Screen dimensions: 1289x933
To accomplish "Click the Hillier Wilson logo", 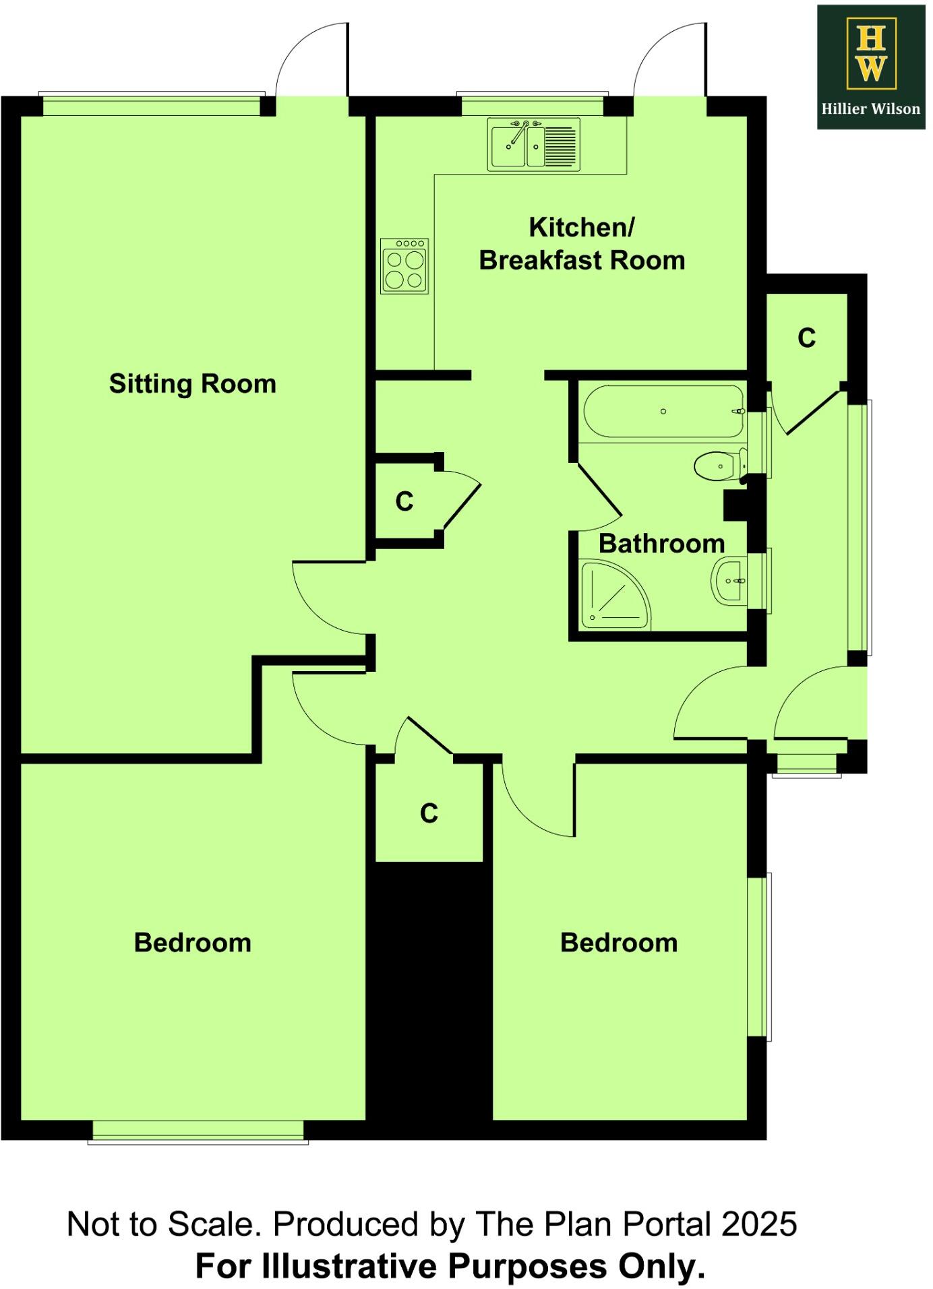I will [x=870, y=67].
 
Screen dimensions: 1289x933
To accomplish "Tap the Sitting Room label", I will [x=192, y=384].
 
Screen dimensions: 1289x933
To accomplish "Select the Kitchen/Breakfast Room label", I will [x=582, y=244].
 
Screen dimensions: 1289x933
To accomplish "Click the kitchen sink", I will [x=534, y=144].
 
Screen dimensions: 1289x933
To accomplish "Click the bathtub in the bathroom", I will [x=663, y=411].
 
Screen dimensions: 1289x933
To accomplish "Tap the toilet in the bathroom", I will [x=718, y=466].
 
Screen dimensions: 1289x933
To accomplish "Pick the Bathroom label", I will [x=661, y=544].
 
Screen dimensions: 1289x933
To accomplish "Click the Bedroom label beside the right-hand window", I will [x=619, y=943].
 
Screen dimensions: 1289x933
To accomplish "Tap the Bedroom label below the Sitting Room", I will [x=192, y=943].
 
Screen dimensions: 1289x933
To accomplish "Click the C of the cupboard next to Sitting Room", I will [x=404, y=501].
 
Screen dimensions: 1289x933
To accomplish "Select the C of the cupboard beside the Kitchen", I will [x=806, y=338].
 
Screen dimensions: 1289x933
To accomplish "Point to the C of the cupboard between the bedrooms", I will [x=429, y=813].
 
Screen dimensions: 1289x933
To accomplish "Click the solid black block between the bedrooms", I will [x=429, y=991].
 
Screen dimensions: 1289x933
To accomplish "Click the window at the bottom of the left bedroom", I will [x=198, y=1131].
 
